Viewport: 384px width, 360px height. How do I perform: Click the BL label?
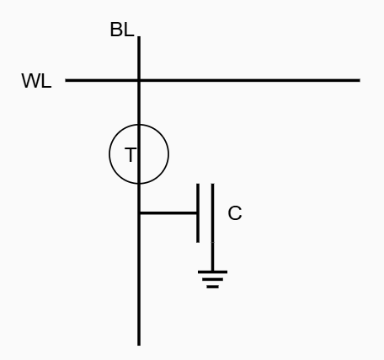coord(122,30)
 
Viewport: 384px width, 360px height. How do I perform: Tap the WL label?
coord(36,81)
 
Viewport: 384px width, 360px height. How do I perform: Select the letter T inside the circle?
coord(131,154)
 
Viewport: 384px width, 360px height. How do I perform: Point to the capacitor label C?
coord(235,213)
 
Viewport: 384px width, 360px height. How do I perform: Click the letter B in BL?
coord(116,30)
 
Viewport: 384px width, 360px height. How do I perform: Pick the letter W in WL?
coord(31,81)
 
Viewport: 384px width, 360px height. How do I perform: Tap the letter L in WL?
coord(46,81)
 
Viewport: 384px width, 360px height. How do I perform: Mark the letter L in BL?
coord(129,30)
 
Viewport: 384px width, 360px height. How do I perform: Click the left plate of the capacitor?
coord(198,213)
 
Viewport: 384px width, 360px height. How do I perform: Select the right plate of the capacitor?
coord(212,213)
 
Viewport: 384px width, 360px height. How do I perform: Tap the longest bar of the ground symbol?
coord(212,272)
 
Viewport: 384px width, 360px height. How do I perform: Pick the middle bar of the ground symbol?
coord(212,279)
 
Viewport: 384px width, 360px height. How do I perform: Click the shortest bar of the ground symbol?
coord(212,287)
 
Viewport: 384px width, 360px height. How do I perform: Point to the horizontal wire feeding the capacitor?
coord(168,213)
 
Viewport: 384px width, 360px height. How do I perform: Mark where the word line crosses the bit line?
coord(139,80)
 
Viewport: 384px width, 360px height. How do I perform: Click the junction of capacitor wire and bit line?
coord(139,213)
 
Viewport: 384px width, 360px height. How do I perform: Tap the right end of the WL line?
coord(360,80)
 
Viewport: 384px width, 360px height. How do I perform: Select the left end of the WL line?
coord(66,80)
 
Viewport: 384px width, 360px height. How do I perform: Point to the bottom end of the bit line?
coord(139,345)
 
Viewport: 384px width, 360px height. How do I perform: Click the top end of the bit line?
coord(139,36)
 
